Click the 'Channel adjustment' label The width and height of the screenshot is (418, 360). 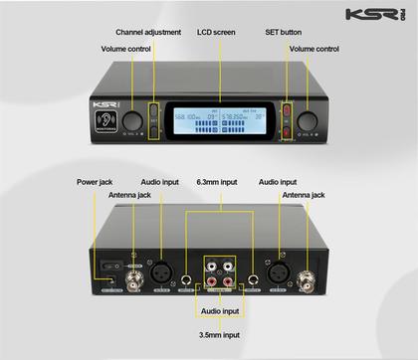pyautogui.click(x=148, y=32)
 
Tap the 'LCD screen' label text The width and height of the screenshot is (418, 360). pyautogui.click(x=216, y=32)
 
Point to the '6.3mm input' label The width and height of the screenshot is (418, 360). pyautogui.click(x=216, y=182)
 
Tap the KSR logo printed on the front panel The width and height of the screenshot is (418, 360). pyautogui.click(x=102, y=102)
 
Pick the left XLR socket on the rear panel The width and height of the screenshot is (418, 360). pyautogui.click(x=158, y=268)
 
